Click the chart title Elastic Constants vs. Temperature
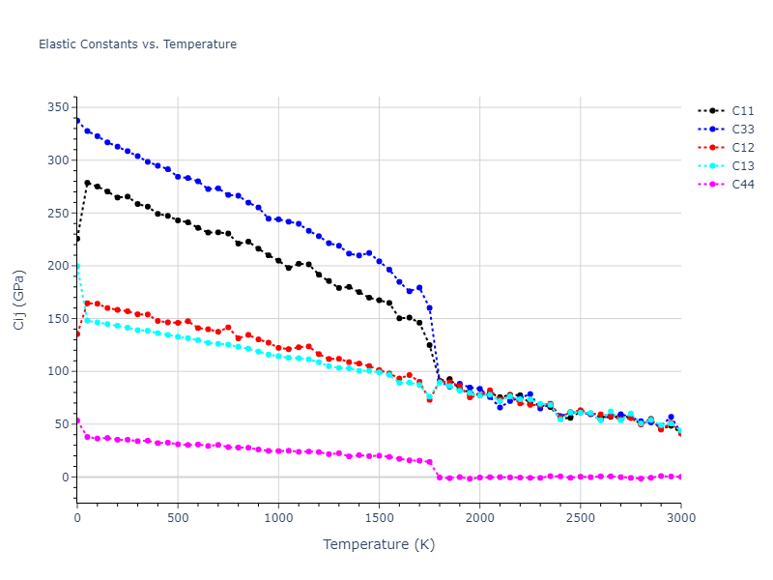coord(137,44)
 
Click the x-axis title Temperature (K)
coord(379,545)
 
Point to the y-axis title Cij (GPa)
coord(19,299)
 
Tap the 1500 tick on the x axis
coord(379,518)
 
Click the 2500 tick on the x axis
coord(580,518)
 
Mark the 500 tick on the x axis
coord(178,518)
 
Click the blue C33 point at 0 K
coord(77,121)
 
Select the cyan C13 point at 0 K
coord(77,266)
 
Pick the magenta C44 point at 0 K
coord(77,420)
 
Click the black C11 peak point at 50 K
coord(87,183)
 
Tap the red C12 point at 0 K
coord(77,334)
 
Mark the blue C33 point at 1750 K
coord(429,308)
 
